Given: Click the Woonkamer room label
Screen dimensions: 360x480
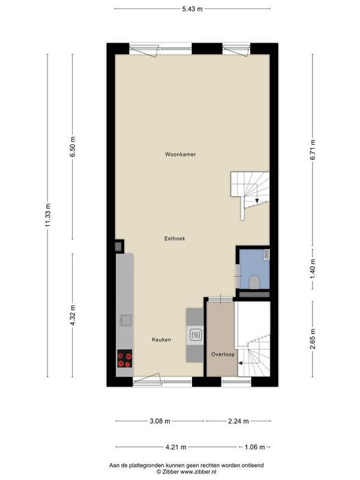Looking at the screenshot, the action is [x=181, y=154].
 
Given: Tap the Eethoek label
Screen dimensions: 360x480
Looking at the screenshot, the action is [x=175, y=238].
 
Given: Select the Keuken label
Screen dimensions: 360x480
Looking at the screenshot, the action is [x=161, y=340].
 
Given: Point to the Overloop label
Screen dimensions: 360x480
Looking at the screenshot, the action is [x=223, y=354].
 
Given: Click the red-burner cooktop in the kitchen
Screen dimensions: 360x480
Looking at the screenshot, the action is [x=125, y=358].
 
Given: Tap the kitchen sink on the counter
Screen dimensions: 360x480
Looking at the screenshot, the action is [x=125, y=320].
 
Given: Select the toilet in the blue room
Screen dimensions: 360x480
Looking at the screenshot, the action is [x=254, y=282].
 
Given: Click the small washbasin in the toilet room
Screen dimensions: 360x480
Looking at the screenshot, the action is [x=266, y=254].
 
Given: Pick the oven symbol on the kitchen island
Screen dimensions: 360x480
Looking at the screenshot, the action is [x=196, y=335].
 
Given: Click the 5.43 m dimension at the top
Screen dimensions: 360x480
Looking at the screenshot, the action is [x=192, y=9].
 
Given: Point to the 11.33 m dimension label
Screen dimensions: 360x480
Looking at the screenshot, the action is [x=48, y=215].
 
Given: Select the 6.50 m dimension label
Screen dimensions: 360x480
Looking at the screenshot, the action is [x=73, y=146].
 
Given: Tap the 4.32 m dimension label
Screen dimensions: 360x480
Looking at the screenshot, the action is [x=73, y=316].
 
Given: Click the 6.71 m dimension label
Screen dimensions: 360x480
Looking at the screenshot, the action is [x=313, y=149].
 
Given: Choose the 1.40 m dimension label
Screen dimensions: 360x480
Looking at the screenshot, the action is [x=313, y=269].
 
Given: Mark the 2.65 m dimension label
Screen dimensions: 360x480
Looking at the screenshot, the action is [x=313, y=339].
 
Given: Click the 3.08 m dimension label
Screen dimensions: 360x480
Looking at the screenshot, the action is [x=160, y=421].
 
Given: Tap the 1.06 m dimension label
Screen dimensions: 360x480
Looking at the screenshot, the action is [x=254, y=447].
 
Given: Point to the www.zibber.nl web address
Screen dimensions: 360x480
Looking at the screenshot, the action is [x=198, y=472].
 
